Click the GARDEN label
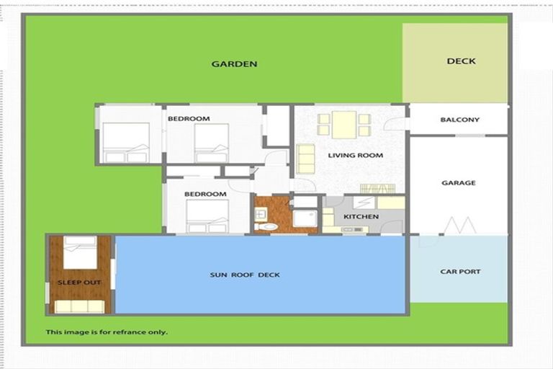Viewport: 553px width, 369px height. click(x=234, y=64)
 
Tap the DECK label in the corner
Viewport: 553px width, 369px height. click(x=461, y=61)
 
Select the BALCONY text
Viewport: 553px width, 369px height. click(x=459, y=120)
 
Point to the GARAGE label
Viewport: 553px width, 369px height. click(x=459, y=183)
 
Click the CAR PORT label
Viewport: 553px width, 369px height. click(x=460, y=272)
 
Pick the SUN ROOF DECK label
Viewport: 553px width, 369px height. click(x=245, y=275)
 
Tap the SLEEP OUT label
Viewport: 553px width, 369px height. click(x=79, y=283)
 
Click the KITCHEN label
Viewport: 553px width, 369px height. click(x=361, y=217)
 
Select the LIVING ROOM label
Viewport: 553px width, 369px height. click(x=355, y=156)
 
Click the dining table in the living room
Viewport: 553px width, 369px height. click(x=344, y=125)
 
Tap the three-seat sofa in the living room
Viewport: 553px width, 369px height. click(x=306, y=159)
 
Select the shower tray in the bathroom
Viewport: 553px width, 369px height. click(x=305, y=219)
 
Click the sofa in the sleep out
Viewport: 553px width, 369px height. click(x=79, y=306)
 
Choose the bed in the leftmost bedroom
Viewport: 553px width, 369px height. click(x=126, y=142)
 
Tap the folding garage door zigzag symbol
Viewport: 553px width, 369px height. click(x=459, y=225)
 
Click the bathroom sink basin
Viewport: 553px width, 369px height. click(x=261, y=213)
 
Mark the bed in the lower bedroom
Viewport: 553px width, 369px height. click(x=207, y=215)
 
